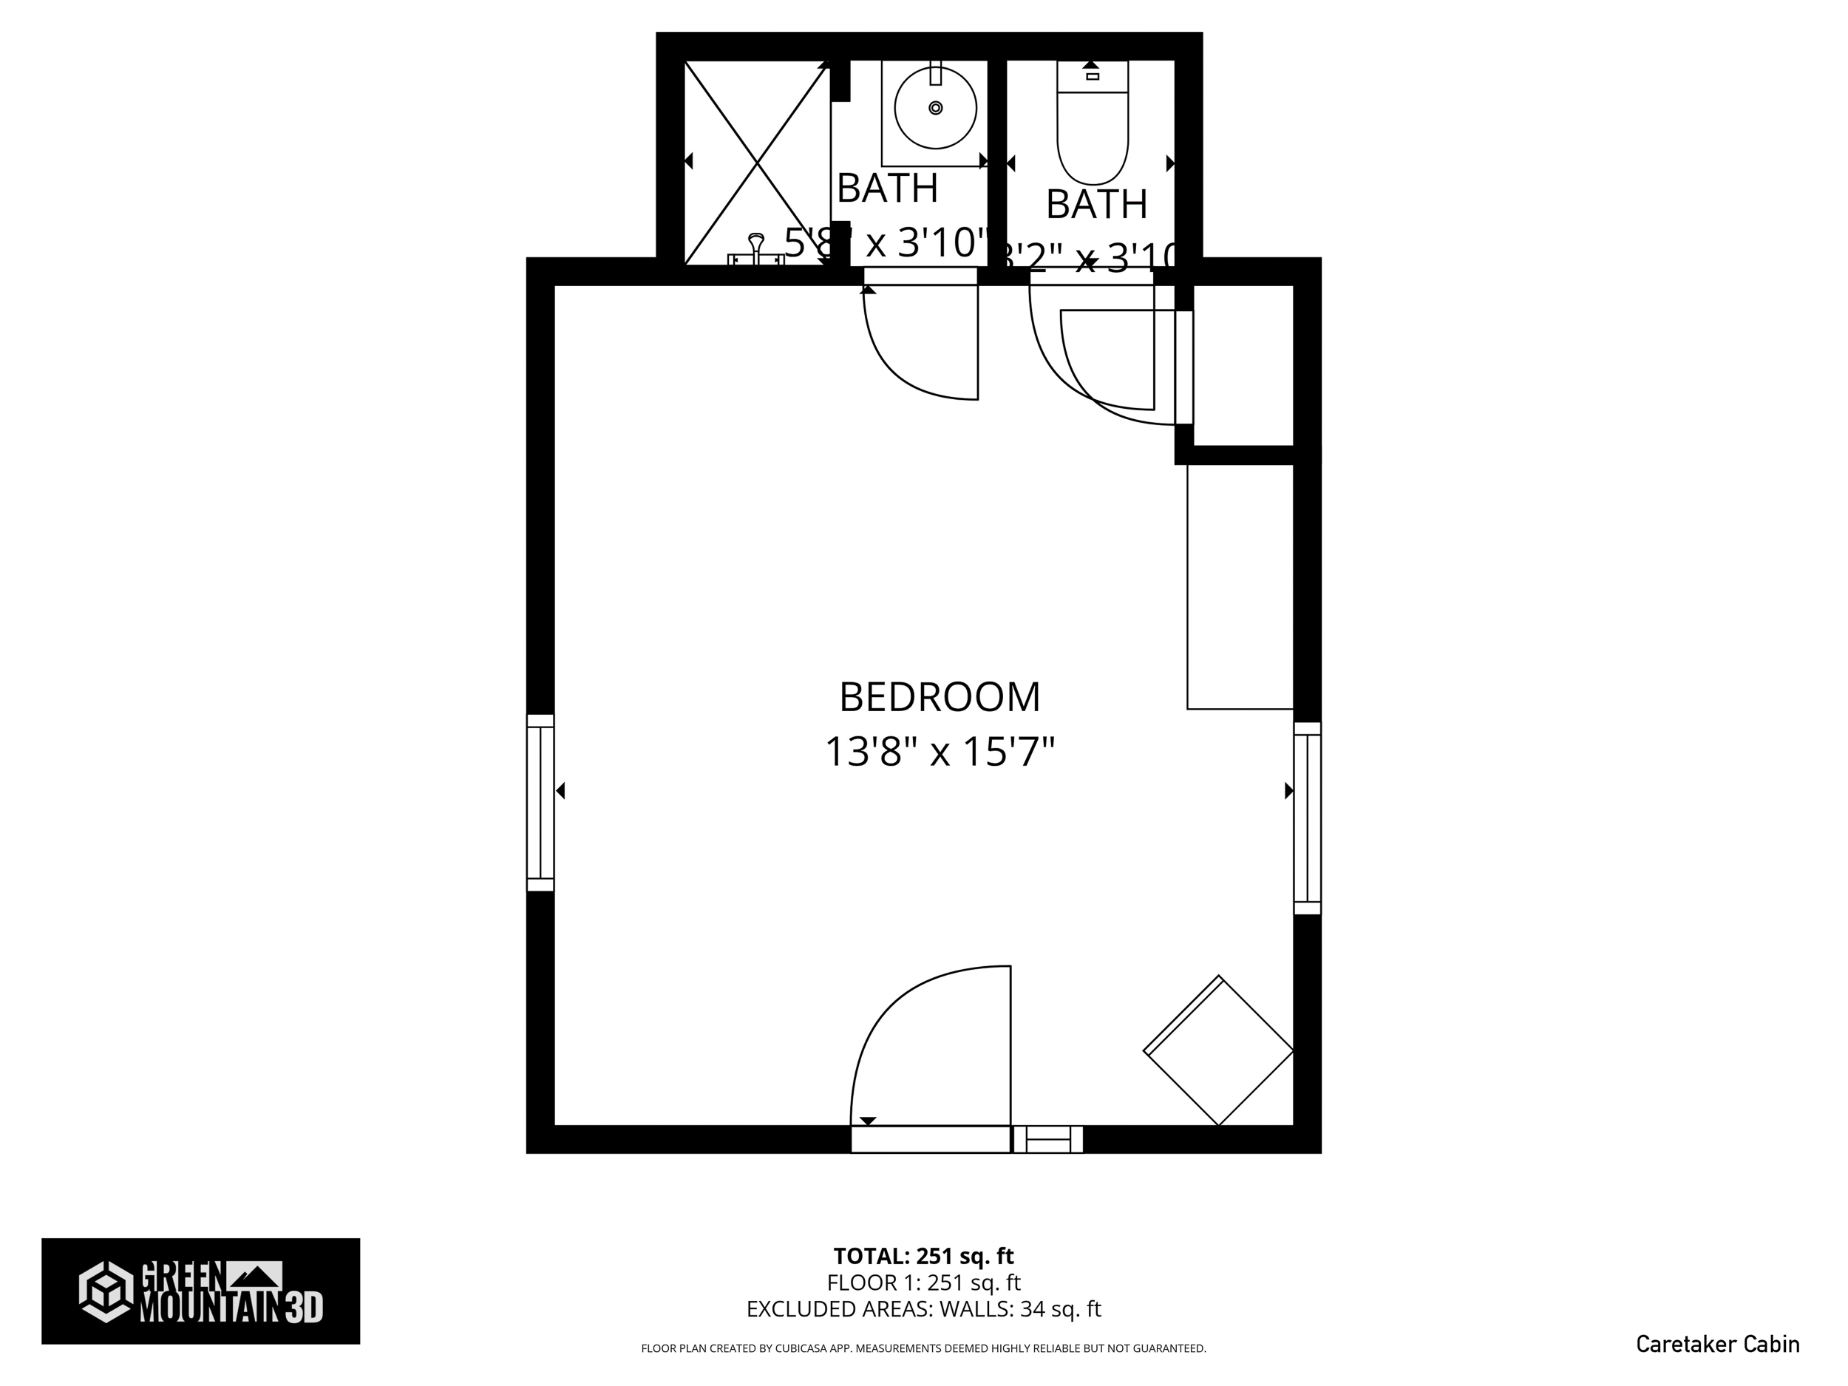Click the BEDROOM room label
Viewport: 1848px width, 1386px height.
(x=939, y=698)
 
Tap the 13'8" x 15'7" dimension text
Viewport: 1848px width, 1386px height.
(x=939, y=752)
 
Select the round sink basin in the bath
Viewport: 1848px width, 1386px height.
(x=935, y=108)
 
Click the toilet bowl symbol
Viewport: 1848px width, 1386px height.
(x=1092, y=137)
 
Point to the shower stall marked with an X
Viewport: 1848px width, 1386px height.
(x=756, y=163)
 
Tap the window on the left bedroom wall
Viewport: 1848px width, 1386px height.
(x=540, y=802)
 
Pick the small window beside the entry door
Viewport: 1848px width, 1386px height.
(x=1047, y=1140)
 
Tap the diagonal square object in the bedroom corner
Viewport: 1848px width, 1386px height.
(x=1218, y=1050)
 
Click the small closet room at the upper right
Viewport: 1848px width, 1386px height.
(x=1243, y=365)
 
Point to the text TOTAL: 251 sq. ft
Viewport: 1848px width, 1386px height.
(x=923, y=1256)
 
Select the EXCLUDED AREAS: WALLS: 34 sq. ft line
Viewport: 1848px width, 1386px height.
(x=923, y=1309)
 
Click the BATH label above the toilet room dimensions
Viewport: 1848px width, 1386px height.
(x=1096, y=205)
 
